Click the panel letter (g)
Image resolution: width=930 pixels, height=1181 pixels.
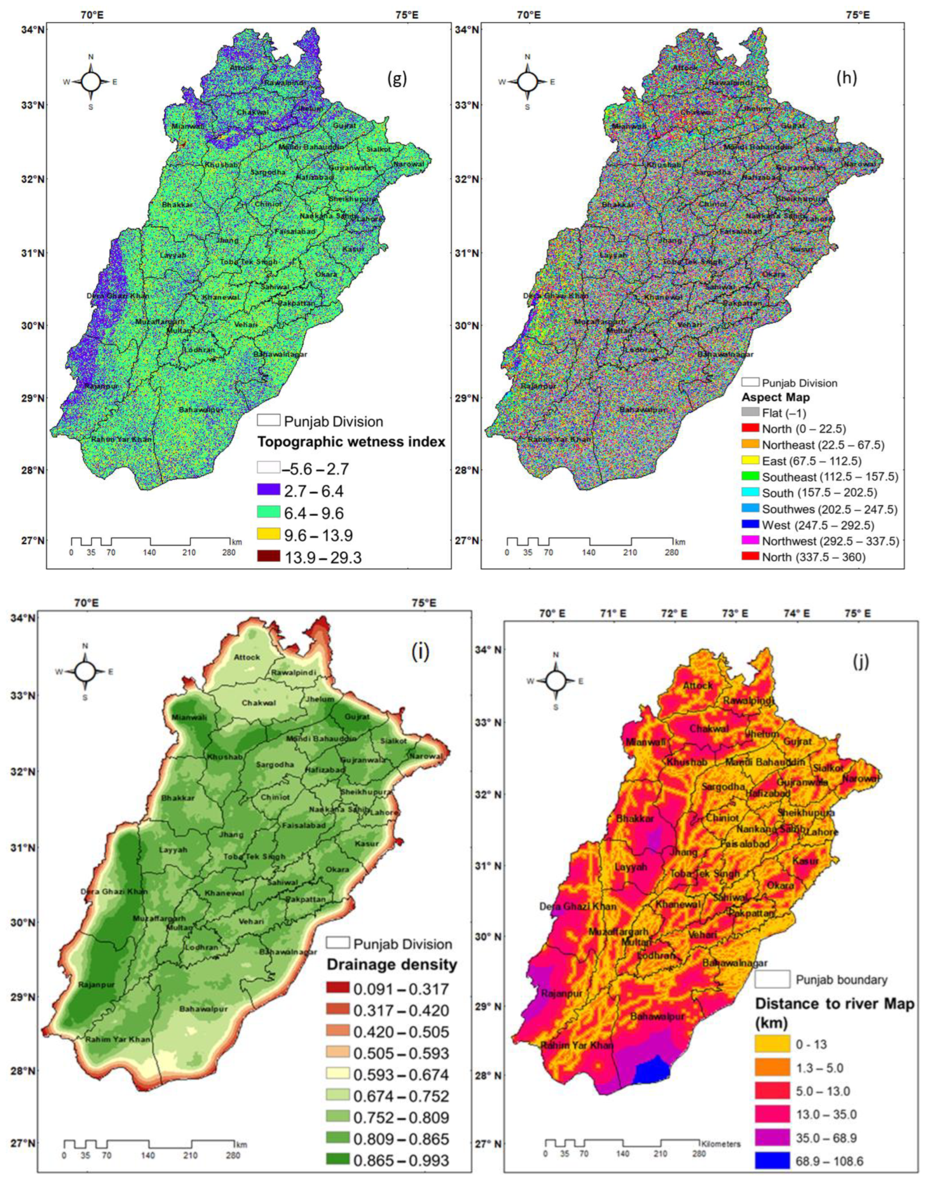(397, 79)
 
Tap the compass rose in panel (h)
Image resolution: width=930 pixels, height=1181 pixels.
(527, 82)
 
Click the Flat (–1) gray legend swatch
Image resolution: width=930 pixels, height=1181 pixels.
(750, 413)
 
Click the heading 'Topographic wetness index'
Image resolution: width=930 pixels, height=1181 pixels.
(351, 442)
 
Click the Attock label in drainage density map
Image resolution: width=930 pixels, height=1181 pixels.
(247, 657)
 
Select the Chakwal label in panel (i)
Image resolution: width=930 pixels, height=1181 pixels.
(259, 703)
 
